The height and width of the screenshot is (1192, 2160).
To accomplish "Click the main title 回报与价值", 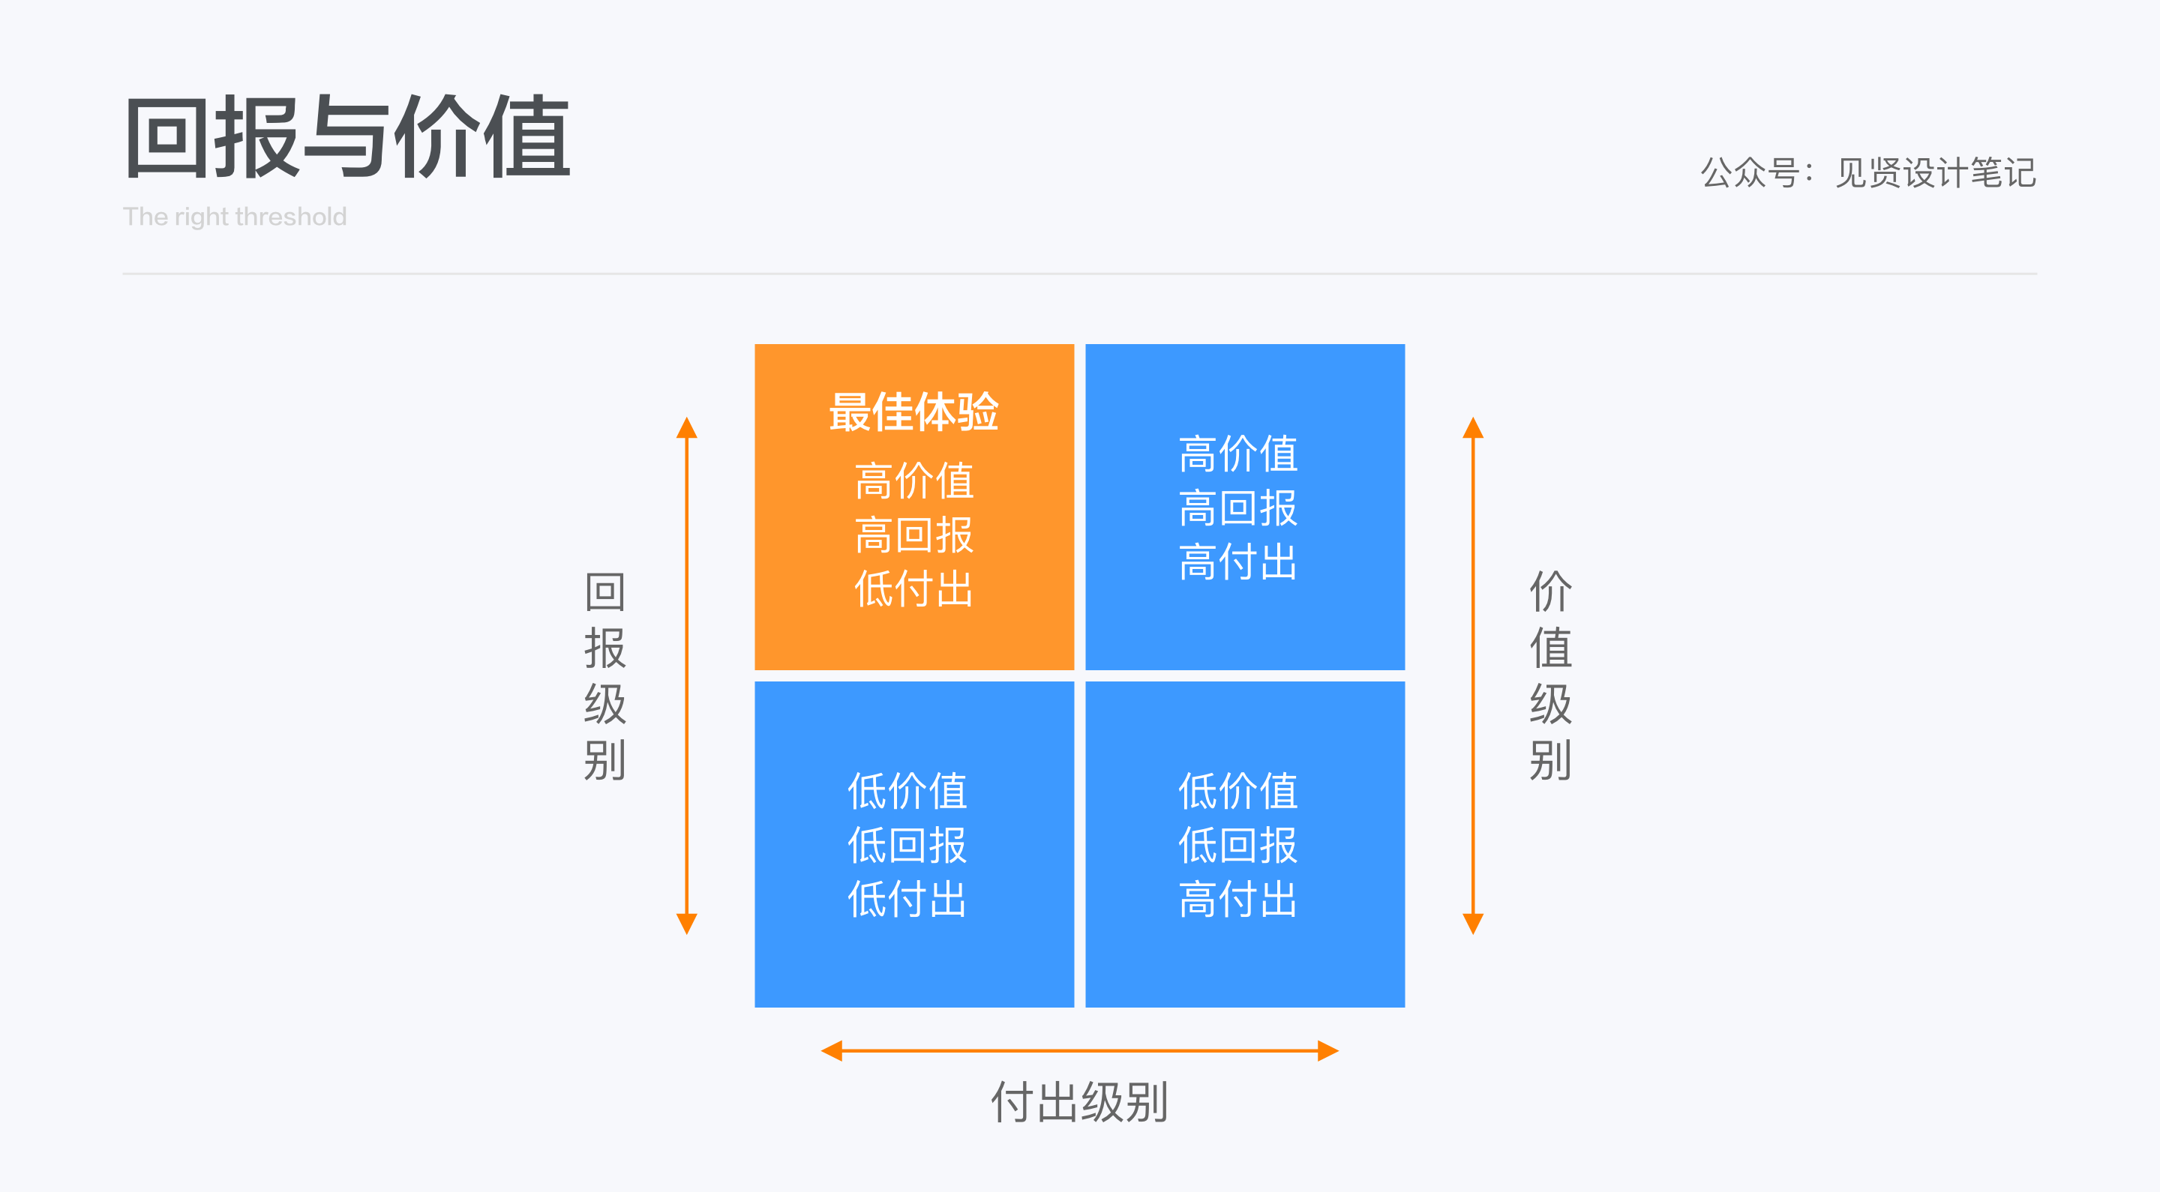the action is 347,136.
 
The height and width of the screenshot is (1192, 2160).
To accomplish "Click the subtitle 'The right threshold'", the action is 235,216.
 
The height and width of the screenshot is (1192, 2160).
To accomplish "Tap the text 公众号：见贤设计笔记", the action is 1867,172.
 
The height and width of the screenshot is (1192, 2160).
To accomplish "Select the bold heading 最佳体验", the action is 913,412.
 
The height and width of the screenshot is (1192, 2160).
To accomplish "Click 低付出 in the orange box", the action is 913,589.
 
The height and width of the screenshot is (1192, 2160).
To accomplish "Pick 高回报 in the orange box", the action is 913,535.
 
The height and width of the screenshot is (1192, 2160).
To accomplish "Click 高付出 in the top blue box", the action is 1237,562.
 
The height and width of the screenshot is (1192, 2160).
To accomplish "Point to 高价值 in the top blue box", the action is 1237,454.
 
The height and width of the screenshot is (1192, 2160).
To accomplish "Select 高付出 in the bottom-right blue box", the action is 1237,900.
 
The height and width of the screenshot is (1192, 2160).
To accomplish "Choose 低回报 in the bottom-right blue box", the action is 1237,845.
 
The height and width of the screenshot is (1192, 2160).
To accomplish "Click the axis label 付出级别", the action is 1079,1101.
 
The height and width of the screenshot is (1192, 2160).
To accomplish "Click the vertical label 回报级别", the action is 604,675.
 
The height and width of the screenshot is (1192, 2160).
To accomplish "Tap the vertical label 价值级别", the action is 1550,675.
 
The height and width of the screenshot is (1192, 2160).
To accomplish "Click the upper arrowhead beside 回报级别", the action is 687,428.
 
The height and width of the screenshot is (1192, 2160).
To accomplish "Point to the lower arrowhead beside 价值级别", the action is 1473,923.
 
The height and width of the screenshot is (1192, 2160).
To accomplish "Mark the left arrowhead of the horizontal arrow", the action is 832,1050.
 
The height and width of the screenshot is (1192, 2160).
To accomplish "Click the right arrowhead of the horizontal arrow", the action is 1327,1050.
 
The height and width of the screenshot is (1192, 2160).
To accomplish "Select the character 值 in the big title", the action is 529,136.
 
